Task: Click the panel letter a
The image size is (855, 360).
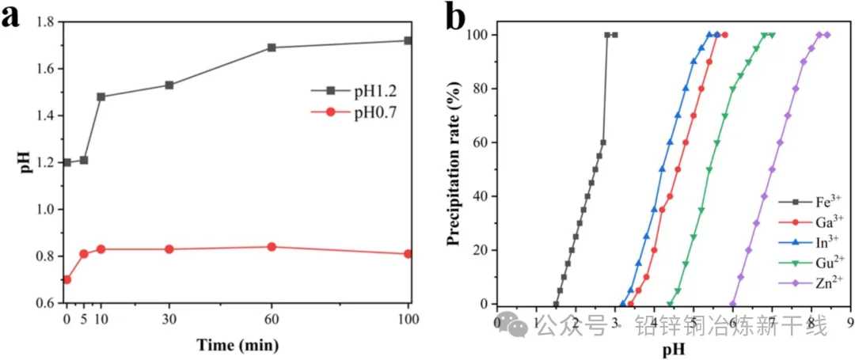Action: (x=11, y=17)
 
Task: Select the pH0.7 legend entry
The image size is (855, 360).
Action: (x=348, y=113)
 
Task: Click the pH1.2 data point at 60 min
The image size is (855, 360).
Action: (x=272, y=47)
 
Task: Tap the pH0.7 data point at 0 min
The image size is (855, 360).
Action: (x=66, y=279)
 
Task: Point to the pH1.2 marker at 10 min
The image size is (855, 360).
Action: (x=101, y=97)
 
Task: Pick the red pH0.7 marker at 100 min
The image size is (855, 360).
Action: (x=408, y=254)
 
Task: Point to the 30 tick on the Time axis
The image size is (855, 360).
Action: (x=169, y=319)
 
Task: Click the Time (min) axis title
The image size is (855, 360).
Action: (x=237, y=345)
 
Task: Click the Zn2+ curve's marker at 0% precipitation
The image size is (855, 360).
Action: (x=733, y=304)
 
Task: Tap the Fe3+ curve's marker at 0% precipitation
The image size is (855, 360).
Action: (x=556, y=304)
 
